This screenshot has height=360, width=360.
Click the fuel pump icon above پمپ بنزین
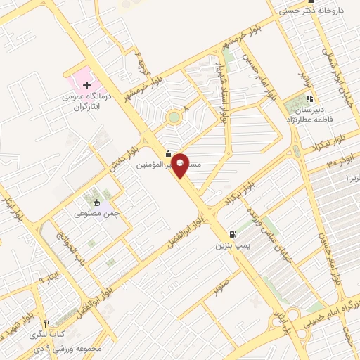(x=231, y=235)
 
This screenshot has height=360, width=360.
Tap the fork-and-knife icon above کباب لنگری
(x=47, y=321)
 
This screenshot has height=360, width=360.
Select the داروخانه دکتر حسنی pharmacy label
(x=312, y=11)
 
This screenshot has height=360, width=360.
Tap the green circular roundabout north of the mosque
(x=173, y=117)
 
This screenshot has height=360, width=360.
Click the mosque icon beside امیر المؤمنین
(x=167, y=155)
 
